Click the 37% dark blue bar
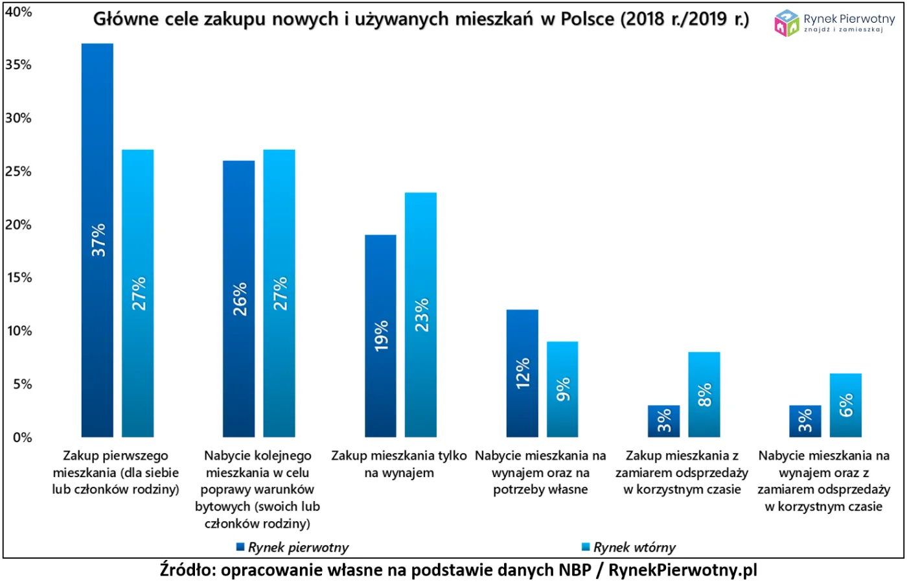click(97, 240)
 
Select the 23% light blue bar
click(420, 314)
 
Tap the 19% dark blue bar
click(380, 336)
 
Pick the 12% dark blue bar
click(522, 373)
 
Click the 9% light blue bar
click(562, 389)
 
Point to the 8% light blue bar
click(704, 394)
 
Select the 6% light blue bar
click(845, 405)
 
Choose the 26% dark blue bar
click(238, 299)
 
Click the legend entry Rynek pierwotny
click(292, 548)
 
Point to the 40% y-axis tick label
click(18, 12)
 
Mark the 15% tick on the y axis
click(18, 277)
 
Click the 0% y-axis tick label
click(21, 437)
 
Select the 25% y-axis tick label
click(18, 171)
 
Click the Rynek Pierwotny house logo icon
click(786, 23)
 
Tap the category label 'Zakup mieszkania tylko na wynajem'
click(399, 464)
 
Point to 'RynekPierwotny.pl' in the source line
click(683, 570)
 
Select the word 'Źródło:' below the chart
click(187, 570)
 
